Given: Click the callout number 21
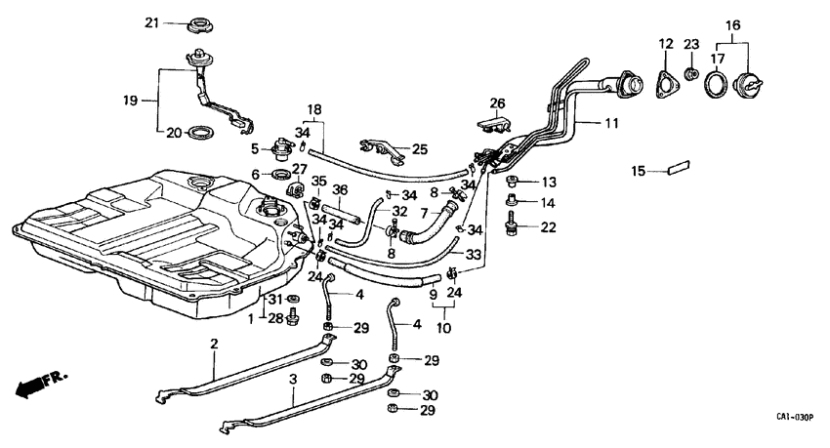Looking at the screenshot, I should pyautogui.click(x=151, y=22).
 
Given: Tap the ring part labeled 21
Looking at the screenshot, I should pyautogui.click(x=200, y=22).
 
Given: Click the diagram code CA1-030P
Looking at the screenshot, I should pyautogui.click(x=796, y=418).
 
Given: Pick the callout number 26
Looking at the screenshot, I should pyautogui.click(x=497, y=102).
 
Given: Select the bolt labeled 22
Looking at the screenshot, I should pyautogui.click(x=511, y=226).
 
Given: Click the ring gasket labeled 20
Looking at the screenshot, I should pyautogui.click(x=201, y=132).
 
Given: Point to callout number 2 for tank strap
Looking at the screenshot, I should pyautogui.click(x=213, y=345).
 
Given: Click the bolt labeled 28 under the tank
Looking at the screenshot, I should pyautogui.click(x=298, y=318).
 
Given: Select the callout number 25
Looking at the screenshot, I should pyautogui.click(x=420, y=149).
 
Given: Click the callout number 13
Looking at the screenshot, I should pyautogui.click(x=549, y=182).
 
